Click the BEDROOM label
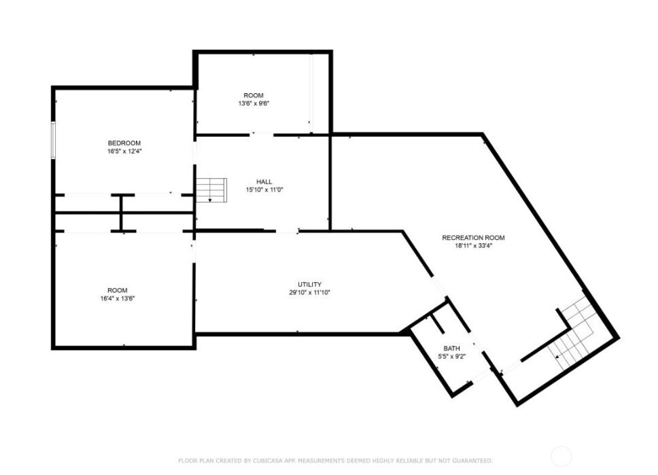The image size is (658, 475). tap(124, 143)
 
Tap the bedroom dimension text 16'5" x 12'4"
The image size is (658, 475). tap(124, 151)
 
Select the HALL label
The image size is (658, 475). tap(264, 181)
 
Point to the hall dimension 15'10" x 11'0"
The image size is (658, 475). tap(265, 190)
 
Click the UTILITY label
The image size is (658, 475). tap(310, 285)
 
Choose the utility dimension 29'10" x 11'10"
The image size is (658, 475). tap(310, 292)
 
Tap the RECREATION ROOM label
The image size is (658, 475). tap(473, 238)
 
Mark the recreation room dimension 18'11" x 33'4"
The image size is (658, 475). tap(473, 246)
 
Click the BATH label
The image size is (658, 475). tap(451, 349)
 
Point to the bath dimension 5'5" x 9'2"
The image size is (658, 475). tap(451, 357)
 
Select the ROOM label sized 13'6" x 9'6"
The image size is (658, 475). tap(254, 95)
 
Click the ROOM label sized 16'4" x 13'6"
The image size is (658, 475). tap(118, 290)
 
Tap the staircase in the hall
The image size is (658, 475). tap(211, 190)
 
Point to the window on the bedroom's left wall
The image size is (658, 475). tap(53, 140)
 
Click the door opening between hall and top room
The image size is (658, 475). tap(262, 135)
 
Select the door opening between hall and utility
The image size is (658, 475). tap(287, 231)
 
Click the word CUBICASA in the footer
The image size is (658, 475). tap(270, 461)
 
